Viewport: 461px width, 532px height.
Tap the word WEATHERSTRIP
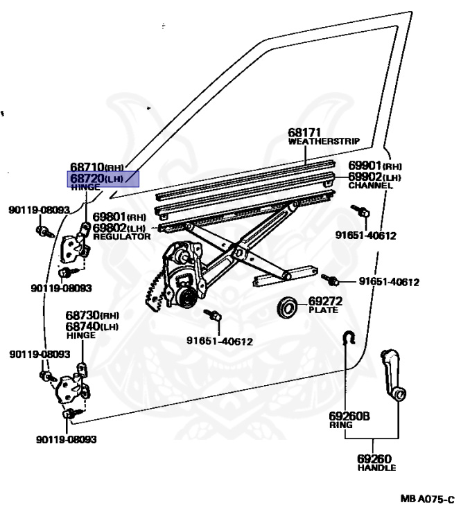point(324,141)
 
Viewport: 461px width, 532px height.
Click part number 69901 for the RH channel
point(365,166)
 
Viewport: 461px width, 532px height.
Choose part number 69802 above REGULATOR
point(110,227)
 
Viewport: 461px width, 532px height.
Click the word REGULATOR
point(121,236)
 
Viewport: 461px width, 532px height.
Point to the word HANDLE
point(376,468)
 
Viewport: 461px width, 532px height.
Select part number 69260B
point(349,416)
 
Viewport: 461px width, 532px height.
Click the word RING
point(340,425)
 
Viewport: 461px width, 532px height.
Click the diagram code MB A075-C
point(426,499)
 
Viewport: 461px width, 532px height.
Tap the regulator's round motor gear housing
point(184,296)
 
